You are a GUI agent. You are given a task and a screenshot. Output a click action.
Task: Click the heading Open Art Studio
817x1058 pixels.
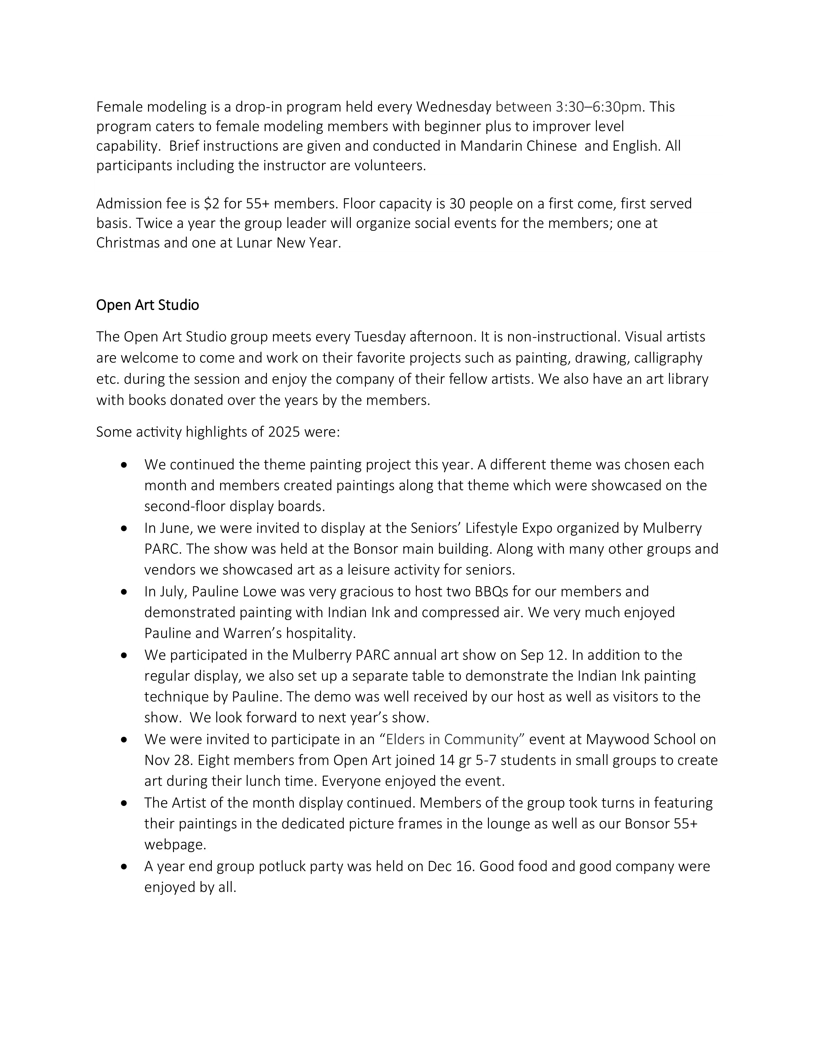(x=148, y=305)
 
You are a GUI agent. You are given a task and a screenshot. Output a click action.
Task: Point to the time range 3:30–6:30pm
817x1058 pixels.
(x=600, y=106)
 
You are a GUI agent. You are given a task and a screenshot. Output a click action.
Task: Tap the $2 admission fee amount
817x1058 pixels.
(x=211, y=204)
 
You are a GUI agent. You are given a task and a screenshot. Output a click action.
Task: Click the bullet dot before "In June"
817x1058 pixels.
(x=125, y=528)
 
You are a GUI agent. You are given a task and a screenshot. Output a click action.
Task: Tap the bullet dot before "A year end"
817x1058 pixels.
(x=125, y=866)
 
